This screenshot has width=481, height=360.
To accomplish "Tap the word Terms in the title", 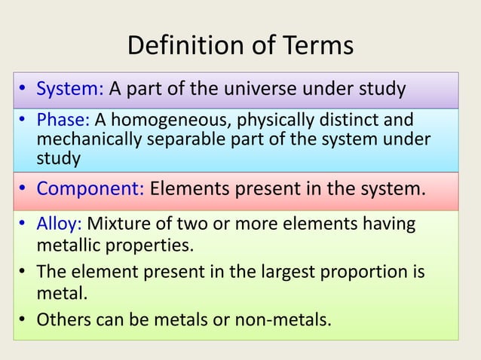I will [x=317, y=46].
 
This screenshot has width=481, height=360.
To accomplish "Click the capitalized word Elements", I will [x=188, y=187].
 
